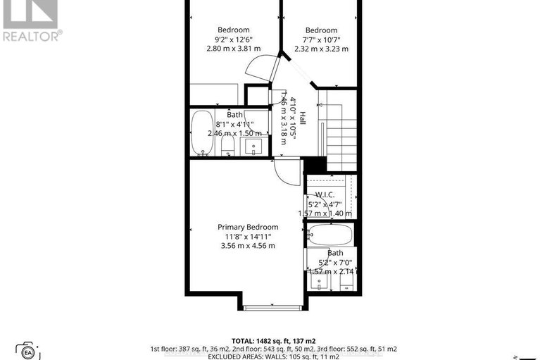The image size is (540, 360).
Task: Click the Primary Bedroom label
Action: click(x=247, y=227)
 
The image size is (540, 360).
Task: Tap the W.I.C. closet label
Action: click(x=325, y=194)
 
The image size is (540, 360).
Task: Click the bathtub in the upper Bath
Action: click(x=202, y=131)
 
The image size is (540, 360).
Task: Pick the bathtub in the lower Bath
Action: click(x=329, y=235)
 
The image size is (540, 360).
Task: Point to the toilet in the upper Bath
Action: click(x=227, y=147)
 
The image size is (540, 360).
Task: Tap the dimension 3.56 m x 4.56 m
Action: click(x=247, y=245)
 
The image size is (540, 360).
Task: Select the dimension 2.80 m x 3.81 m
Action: click(x=233, y=49)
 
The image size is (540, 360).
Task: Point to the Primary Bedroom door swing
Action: click(x=287, y=171)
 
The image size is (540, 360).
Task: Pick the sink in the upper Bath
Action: click(x=252, y=147)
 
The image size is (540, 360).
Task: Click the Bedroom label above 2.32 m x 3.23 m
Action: click(x=321, y=30)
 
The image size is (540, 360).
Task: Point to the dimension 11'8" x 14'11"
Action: click(x=247, y=236)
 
